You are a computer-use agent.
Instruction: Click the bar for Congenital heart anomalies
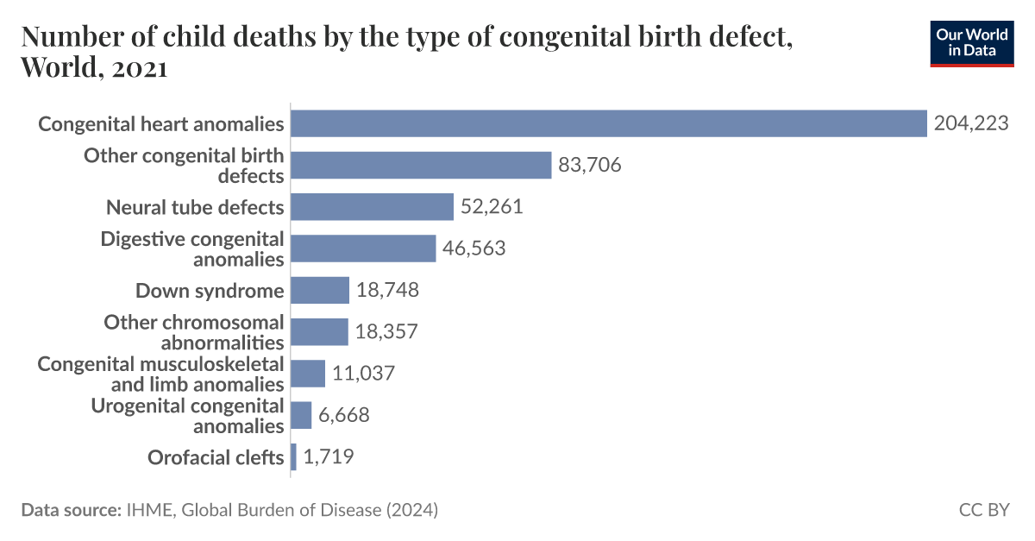point(608,123)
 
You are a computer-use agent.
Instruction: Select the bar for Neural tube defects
point(372,207)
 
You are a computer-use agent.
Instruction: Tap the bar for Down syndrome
point(320,290)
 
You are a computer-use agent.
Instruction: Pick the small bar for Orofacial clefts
point(294,456)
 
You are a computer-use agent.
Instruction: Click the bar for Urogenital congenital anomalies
point(301,415)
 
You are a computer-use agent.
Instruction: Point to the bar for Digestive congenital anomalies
point(363,248)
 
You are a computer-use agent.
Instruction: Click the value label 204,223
point(970,124)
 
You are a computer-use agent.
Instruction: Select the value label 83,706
point(590,166)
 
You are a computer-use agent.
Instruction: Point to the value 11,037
point(363,374)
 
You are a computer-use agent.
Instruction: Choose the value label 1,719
point(328,456)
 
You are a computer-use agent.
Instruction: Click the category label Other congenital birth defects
point(184,166)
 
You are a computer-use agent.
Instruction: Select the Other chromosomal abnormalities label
point(193,332)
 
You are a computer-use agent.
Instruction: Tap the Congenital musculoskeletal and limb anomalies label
point(160,374)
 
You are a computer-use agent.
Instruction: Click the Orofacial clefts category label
point(216,457)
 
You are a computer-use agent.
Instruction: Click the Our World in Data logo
point(972,41)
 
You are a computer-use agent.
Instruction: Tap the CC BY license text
point(983,510)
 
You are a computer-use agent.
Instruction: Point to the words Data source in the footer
point(69,510)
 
